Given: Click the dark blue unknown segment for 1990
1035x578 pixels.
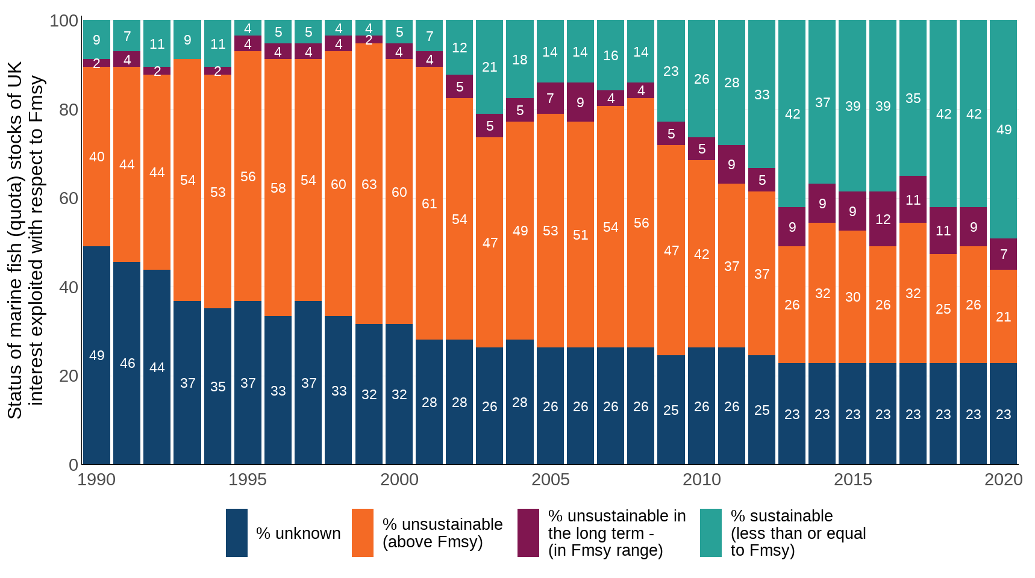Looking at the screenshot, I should click(96, 355).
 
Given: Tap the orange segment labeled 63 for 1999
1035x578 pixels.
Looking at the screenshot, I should click(369, 184).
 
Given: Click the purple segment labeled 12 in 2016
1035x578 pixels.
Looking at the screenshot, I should click(883, 219).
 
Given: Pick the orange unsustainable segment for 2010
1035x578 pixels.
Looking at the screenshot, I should click(701, 254).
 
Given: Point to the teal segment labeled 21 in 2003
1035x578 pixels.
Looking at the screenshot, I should click(490, 67).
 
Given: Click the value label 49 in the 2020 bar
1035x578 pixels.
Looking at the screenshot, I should click(1004, 129).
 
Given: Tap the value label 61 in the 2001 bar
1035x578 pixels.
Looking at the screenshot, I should click(429, 204).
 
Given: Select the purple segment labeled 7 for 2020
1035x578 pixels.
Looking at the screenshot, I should click(1003, 254).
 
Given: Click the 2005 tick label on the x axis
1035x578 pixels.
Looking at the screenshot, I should click(550, 480).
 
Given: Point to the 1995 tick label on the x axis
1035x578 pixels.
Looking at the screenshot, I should click(248, 480).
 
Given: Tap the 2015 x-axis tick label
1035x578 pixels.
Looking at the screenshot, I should click(852, 480).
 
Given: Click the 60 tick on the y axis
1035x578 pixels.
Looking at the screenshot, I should click(69, 198).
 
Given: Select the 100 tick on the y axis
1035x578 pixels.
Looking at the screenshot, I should click(64, 21).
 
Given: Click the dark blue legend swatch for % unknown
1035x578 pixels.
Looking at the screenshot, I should click(236, 533).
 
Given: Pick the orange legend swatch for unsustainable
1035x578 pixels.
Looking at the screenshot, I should click(362, 533).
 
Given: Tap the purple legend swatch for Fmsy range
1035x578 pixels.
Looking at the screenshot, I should click(528, 533).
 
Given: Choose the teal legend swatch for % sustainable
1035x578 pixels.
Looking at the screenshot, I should click(710, 533).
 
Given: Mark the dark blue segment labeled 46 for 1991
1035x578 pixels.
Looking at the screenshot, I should click(127, 363).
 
